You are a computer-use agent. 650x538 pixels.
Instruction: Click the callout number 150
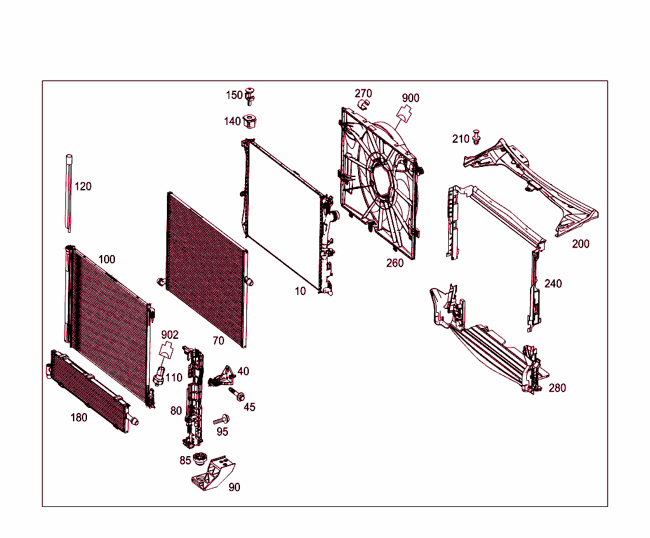point(234,95)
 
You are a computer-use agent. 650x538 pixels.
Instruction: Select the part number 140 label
point(232,121)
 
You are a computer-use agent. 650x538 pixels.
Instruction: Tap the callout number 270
point(363,93)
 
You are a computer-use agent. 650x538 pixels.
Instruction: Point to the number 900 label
point(411,98)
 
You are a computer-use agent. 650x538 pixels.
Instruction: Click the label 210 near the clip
point(461,139)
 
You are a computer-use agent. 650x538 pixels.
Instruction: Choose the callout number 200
point(580,244)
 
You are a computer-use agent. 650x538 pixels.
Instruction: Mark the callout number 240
point(553,284)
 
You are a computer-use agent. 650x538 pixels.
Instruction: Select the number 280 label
point(557,388)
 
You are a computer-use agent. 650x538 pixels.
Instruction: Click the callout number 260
point(395,263)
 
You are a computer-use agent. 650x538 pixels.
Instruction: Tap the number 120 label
point(83,187)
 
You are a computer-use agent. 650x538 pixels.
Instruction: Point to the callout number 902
point(169,334)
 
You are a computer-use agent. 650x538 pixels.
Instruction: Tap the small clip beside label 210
point(477,136)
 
